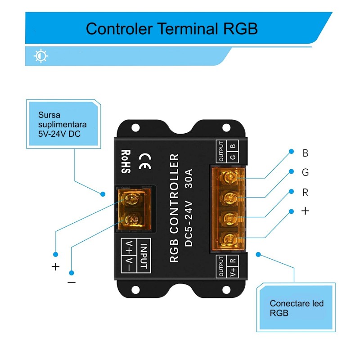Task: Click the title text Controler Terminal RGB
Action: [x=172, y=28]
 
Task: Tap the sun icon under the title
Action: [x=41, y=56]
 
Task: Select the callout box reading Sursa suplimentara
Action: [x=63, y=123]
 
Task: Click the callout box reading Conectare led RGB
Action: [x=296, y=308]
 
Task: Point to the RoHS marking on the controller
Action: [x=125, y=162]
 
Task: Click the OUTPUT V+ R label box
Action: [x=227, y=266]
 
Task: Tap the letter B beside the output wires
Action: [x=306, y=153]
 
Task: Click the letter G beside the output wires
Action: [x=306, y=173]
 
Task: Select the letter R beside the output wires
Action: [x=306, y=193]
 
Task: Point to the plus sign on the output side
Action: [x=306, y=211]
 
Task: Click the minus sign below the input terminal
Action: [x=72, y=282]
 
